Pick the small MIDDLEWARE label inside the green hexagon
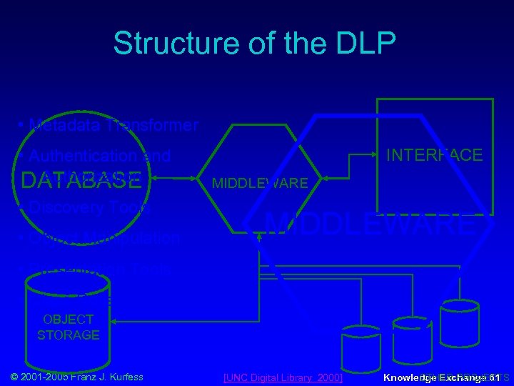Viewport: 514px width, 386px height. (x=260, y=183)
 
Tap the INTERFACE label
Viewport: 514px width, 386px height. (x=434, y=155)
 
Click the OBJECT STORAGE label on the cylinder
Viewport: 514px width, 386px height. (x=69, y=327)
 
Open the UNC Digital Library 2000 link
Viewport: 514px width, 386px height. (x=283, y=377)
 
